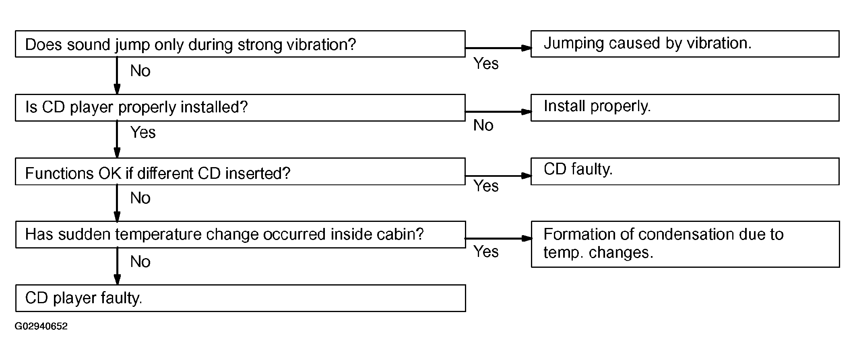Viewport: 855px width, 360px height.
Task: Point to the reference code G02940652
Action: (41, 326)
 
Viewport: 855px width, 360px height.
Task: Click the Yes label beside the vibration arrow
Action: (486, 64)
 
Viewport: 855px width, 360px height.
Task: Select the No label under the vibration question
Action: (140, 71)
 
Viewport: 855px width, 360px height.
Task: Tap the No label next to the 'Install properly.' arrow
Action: (483, 126)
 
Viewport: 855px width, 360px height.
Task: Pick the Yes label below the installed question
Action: (143, 132)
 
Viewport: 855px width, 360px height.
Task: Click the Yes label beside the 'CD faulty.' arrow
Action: (486, 186)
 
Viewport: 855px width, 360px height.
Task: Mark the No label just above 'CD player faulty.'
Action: (140, 262)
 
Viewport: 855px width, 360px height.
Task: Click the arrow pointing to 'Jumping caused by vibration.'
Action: (498, 48)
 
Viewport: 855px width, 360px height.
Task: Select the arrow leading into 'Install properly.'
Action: (498, 112)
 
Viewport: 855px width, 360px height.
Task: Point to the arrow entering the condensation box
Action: (498, 238)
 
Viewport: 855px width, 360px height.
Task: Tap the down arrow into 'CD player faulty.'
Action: (117, 266)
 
